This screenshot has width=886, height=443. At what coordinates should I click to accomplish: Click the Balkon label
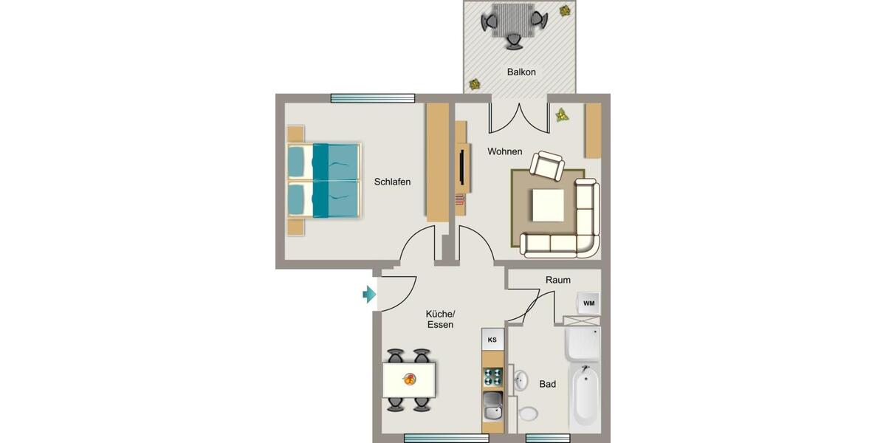click(521, 72)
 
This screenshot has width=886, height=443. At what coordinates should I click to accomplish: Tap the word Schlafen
click(392, 182)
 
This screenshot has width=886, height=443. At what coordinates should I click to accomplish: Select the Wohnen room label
click(505, 151)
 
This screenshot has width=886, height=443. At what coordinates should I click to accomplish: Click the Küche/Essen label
click(440, 319)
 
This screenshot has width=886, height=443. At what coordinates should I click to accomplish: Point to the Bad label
click(547, 384)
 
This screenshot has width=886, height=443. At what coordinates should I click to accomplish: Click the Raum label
click(557, 280)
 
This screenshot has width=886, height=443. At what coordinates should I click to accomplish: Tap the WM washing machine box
click(588, 303)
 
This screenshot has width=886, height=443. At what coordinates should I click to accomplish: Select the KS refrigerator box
click(492, 340)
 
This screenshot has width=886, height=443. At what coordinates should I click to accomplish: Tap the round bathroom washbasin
click(520, 380)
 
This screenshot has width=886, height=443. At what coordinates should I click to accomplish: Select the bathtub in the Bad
click(585, 396)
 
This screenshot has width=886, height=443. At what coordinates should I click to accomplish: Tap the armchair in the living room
click(547, 166)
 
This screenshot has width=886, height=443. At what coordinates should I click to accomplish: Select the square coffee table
click(547, 205)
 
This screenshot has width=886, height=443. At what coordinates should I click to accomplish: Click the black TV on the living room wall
click(461, 167)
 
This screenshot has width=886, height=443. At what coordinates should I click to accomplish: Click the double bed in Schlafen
click(325, 181)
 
